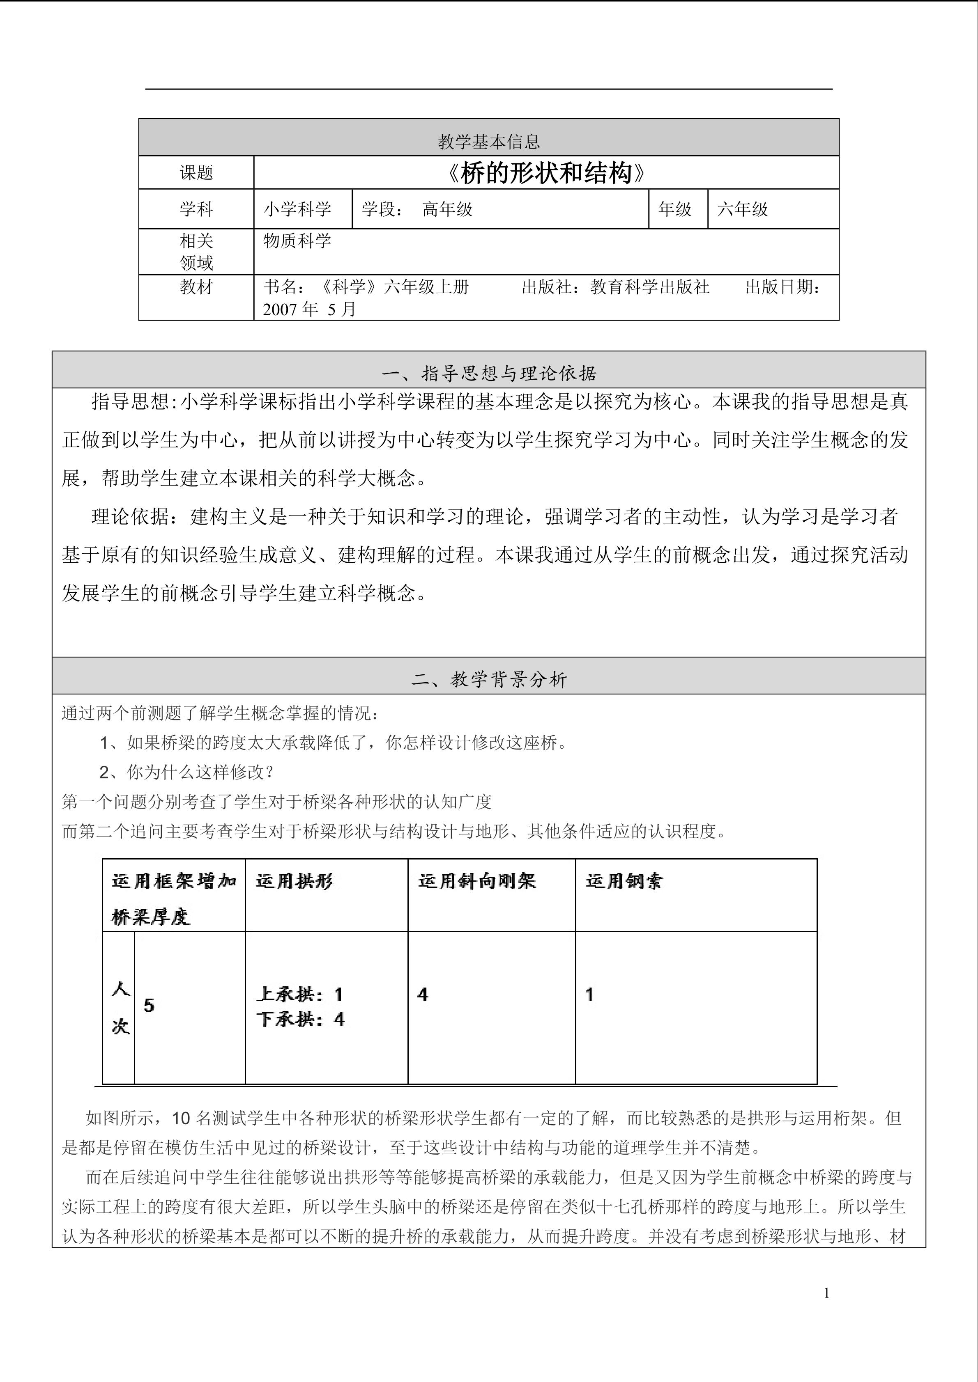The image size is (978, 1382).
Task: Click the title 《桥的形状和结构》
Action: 546,173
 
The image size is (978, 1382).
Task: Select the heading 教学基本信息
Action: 488,142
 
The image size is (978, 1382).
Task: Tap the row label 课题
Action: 196,173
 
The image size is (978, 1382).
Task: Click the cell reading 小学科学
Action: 297,209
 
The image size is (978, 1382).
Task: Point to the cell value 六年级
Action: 743,209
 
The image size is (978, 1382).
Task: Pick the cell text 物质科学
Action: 297,241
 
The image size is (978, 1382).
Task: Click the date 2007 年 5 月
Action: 310,309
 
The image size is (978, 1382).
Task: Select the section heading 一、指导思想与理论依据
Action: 488,374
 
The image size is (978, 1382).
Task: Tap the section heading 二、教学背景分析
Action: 488,680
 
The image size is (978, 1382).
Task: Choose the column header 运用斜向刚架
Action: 477,881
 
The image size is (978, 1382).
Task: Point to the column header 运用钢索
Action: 624,881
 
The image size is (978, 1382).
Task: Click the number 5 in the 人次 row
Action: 149,1005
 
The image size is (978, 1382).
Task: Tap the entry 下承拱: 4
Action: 300,1019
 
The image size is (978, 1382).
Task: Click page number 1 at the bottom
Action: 827,1293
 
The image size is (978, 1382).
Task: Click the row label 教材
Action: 196,287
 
